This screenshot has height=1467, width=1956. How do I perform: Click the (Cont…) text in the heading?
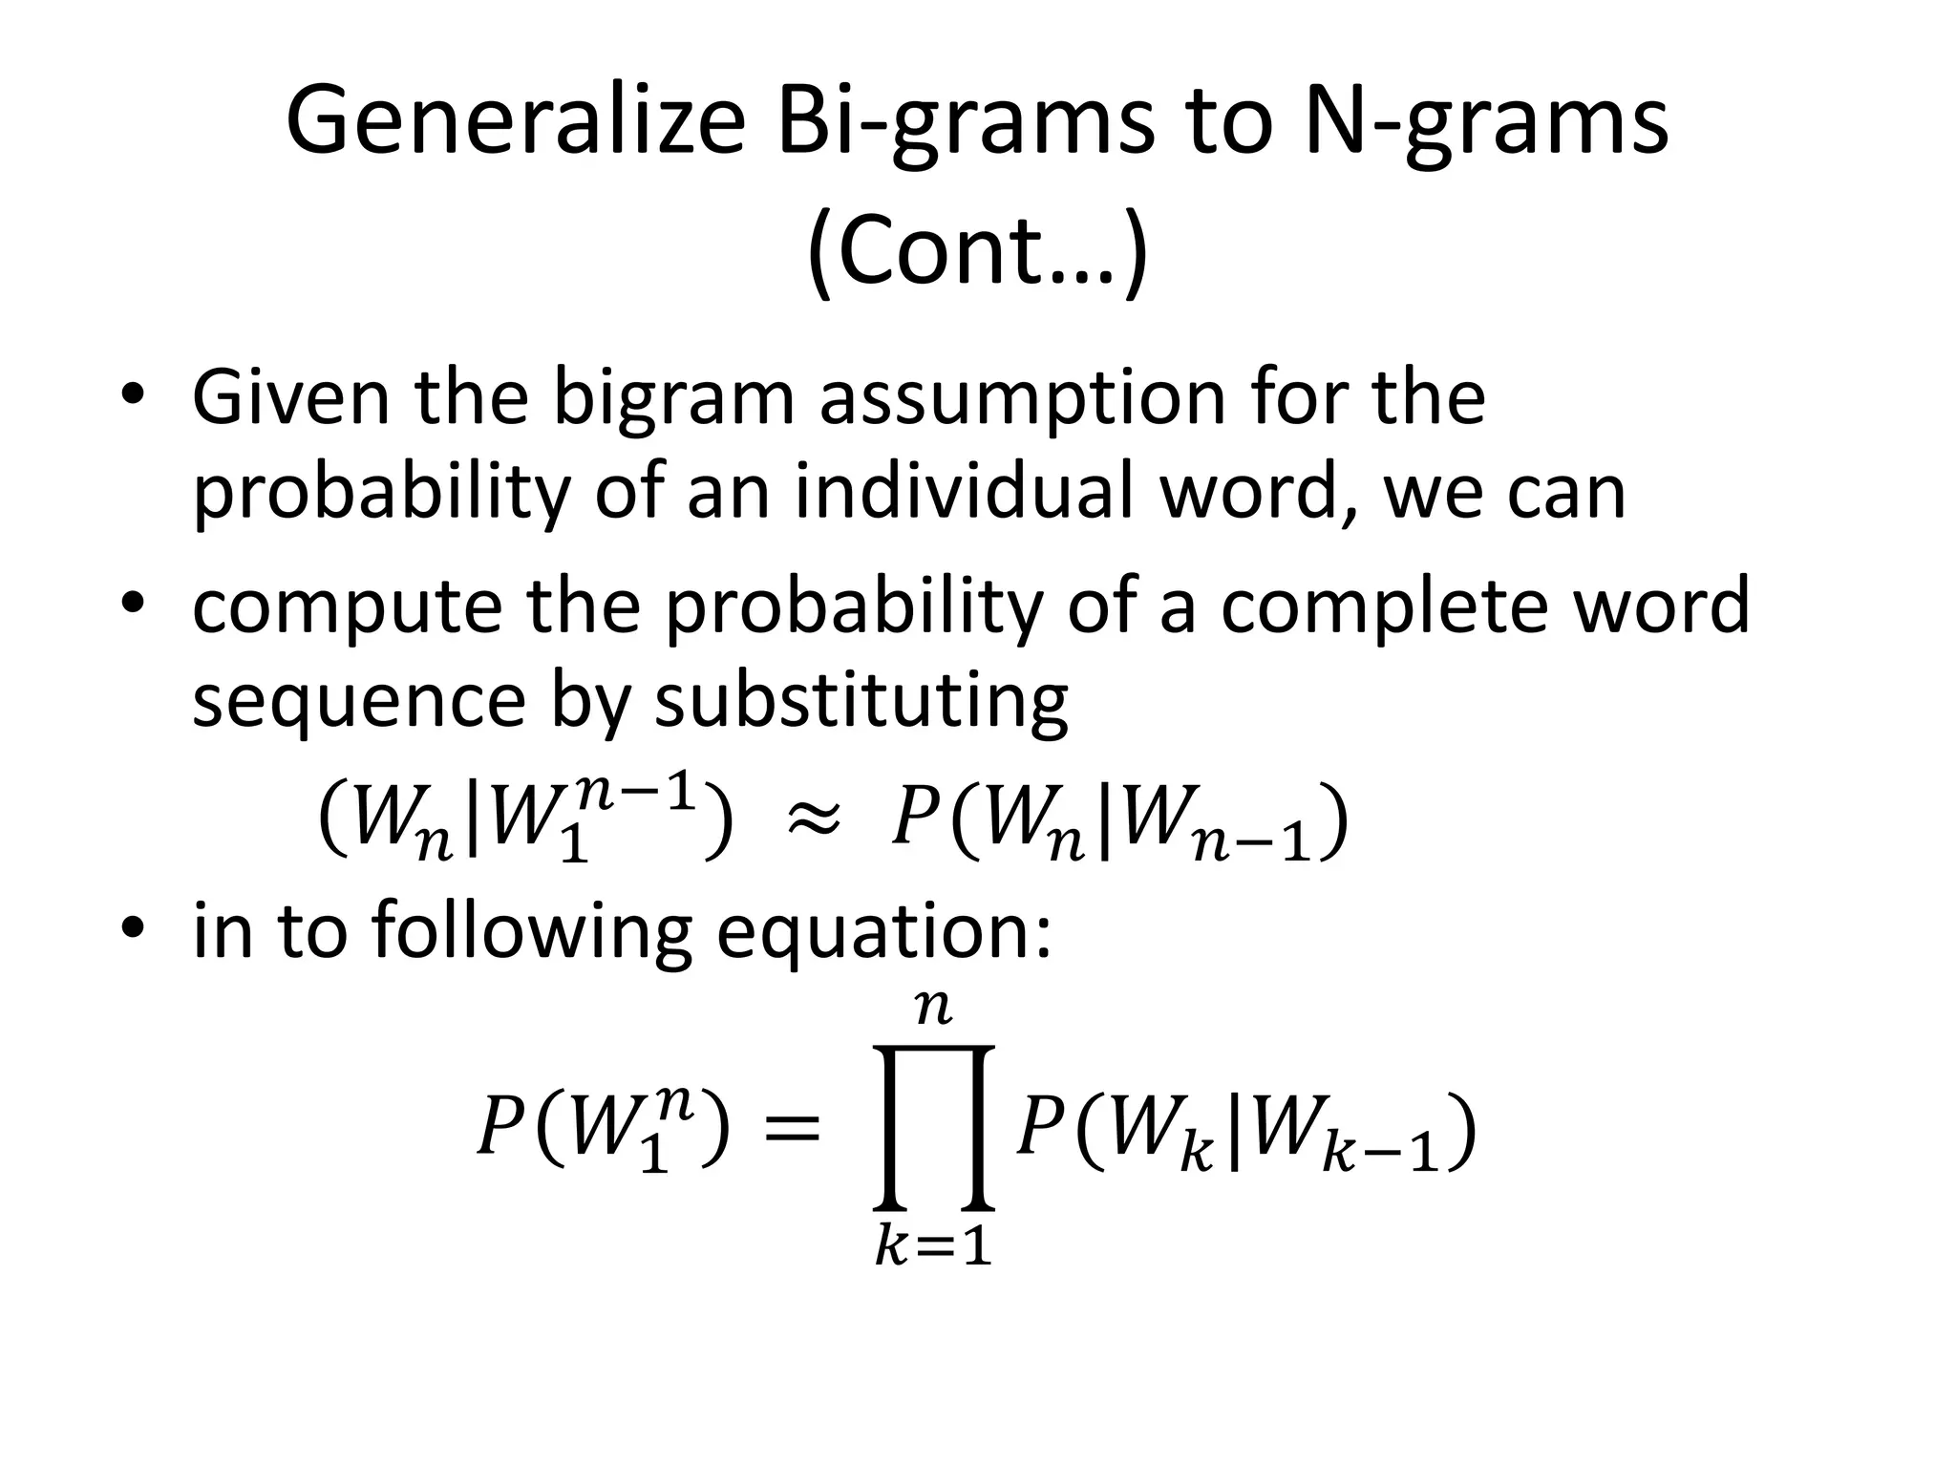977,251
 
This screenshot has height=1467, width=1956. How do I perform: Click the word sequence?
359,702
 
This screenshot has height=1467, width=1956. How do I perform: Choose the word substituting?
861,702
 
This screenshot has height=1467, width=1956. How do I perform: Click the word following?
531,931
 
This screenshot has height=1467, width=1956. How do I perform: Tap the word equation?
883,931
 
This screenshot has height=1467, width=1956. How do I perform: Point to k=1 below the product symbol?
933,1246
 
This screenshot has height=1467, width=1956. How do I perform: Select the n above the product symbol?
933,1008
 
